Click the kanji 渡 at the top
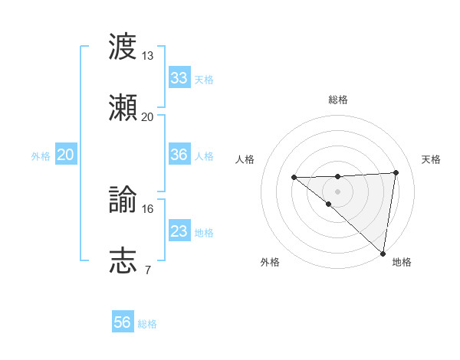point(123,46)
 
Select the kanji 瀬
point(123,107)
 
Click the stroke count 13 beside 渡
point(147,56)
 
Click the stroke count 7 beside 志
point(147,270)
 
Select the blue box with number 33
point(179,78)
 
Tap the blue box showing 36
point(179,155)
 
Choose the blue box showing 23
point(179,231)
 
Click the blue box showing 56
point(123,322)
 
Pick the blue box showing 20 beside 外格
point(65,155)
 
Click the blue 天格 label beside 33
point(204,80)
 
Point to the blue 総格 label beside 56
point(147,324)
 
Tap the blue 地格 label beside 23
point(204,233)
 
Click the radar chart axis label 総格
point(337,100)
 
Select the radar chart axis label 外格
point(270,262)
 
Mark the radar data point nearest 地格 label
point(383,254)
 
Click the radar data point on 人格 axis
point(294,178)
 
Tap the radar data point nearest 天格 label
point(396,172)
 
